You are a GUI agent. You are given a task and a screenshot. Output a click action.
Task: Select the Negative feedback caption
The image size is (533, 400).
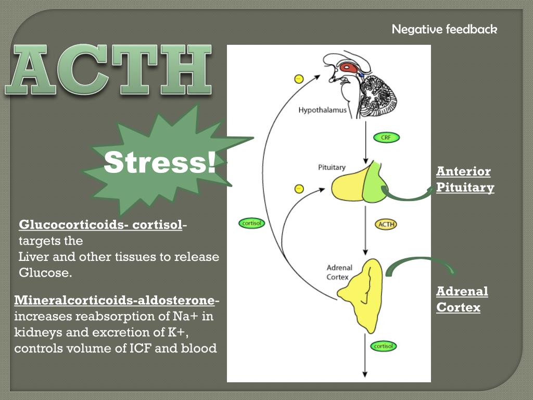point(445,29)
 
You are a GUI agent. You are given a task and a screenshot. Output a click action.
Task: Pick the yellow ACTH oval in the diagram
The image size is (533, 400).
point(386,224)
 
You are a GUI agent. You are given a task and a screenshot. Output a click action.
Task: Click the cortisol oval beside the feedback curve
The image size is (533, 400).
point(252,223)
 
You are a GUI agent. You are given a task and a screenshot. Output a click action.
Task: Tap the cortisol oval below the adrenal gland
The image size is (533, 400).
point(384,346)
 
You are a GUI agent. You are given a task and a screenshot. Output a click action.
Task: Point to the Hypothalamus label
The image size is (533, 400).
point(322,110)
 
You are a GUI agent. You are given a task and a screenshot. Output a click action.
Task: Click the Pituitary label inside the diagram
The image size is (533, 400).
point(332,167)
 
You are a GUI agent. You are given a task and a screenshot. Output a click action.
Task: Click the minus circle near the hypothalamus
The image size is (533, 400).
point(298,79)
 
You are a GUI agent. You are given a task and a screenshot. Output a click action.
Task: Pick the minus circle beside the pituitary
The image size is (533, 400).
point(299,189)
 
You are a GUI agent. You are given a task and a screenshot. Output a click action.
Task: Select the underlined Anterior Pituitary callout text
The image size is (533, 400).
point(465,180)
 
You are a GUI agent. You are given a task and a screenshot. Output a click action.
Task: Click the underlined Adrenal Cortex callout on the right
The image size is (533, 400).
point(462,299)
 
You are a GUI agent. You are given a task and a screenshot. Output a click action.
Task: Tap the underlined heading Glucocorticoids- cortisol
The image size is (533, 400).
point(100,225)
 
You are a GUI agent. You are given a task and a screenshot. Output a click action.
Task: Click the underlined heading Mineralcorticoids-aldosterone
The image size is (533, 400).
point(115,301)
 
